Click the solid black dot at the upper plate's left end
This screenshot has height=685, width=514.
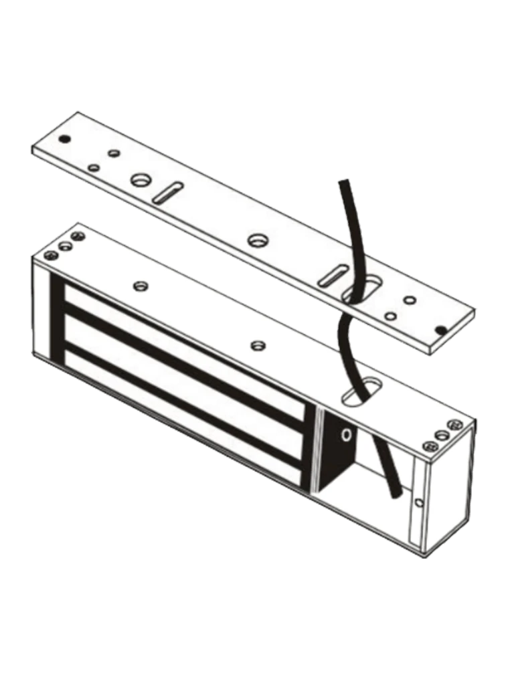coord(64,139)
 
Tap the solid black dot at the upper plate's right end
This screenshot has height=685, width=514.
coord(440,330)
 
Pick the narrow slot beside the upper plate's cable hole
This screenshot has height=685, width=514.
coord(332,276)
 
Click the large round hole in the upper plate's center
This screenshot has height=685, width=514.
coord(258,239)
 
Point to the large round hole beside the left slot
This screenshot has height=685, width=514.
coord(141,179)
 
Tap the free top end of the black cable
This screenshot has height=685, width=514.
coord(343,183)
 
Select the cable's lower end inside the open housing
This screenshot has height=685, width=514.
coord(396,492)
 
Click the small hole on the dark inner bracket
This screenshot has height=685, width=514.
coord(346,435)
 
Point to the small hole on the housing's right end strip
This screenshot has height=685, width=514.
coord(419,502)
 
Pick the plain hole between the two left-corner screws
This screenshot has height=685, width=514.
coord(66,246)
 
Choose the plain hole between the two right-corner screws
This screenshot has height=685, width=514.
coord(442,435)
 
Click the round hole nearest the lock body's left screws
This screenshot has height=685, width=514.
coord(140,286)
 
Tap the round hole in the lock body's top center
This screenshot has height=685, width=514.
coord(258,345)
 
